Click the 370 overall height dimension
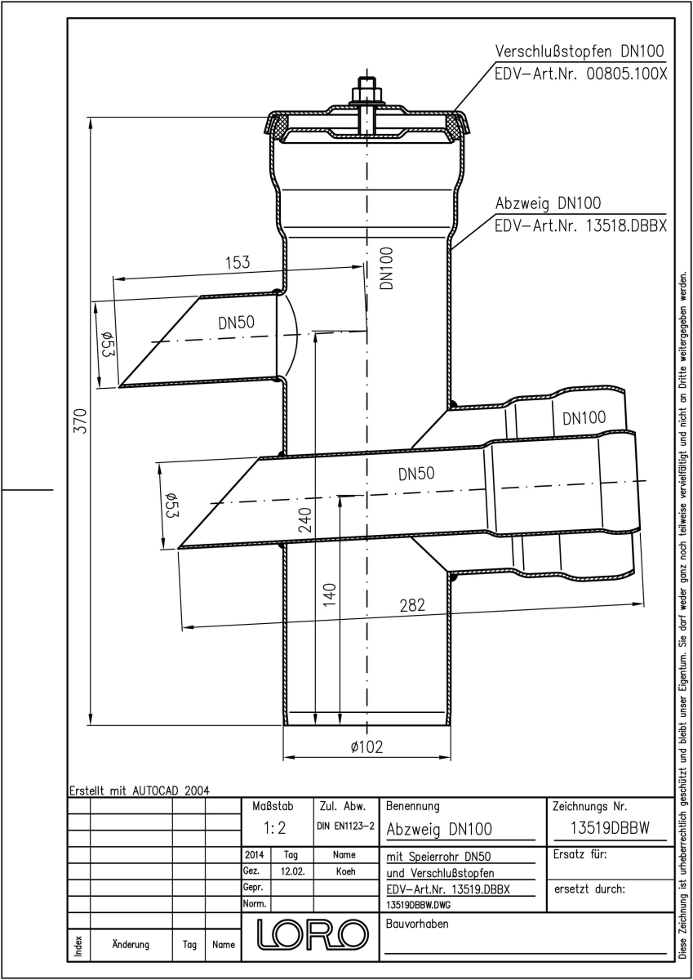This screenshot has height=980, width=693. pyautogui.click(x=81, y=421)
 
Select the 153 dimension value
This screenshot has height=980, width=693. pyautogui.click(x=238, y=262)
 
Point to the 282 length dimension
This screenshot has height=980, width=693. pyautogui.click(x=412, y=605)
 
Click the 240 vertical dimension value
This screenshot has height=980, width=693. pyautogui.click(x=304, y=519)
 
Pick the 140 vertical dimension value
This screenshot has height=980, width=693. pyautogui.click(x=329, y=595)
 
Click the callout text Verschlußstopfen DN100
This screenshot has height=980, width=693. pyautogui.click(x=580, y=51)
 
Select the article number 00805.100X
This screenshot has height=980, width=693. pyautogui.click(x=627, y=74)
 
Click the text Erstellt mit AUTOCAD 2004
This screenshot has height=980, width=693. pyautogui.click(x=140, y=791)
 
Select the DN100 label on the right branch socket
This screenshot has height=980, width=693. pyautogui.click(x=584, y=418)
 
